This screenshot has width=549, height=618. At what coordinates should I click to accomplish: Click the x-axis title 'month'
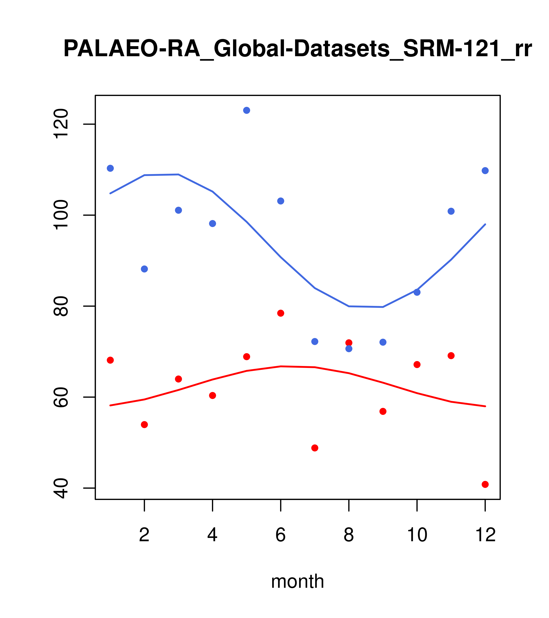coord(297,581)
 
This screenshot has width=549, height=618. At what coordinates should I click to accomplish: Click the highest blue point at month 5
coord(247,110)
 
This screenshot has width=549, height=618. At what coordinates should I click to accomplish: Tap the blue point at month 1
coord(110,168)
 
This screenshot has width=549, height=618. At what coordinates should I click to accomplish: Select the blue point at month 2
coord(145,269)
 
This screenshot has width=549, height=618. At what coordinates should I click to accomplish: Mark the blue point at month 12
coord(485,171)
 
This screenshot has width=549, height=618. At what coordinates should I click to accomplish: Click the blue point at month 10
coord(417,292)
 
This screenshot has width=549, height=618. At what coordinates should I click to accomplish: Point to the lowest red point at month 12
coord(485,484)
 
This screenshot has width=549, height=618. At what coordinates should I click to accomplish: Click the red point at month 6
coord(281,313)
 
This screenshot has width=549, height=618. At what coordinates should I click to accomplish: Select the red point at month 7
coord(315,448)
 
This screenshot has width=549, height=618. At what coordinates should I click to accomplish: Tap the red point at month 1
coord(110,360)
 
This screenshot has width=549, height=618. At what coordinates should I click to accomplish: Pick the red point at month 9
coord(383,411)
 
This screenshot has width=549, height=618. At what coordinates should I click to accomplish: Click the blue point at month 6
coord(281,201)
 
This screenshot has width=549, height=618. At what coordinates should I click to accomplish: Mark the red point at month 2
coord(145,425)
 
